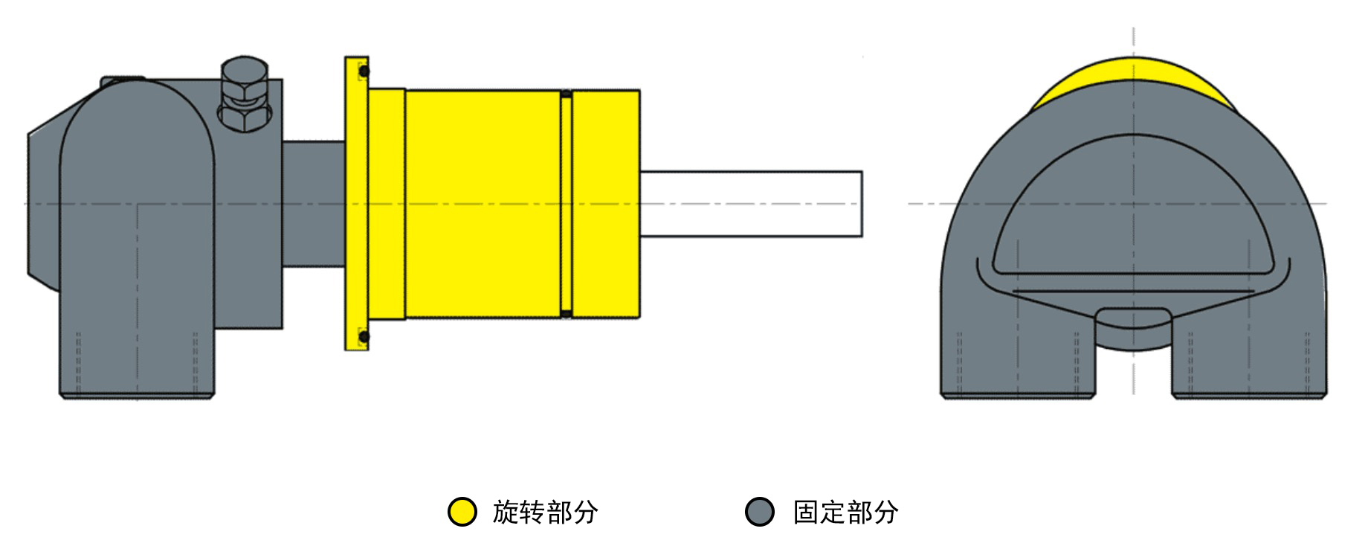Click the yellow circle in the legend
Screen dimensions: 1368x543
pos(462,512)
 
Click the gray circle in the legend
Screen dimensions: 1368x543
pos(760,512)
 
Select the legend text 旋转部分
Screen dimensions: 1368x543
pos(545,512)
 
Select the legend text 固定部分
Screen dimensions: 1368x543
pos(845,512)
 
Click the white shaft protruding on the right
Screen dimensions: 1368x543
pos(751,204)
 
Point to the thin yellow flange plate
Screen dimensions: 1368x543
pos(356,203)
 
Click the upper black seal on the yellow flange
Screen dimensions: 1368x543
pos(364,71)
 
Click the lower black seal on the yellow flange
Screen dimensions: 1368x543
pos(364,337)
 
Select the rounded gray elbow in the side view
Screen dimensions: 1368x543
pos(138,238)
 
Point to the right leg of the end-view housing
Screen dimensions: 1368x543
pos(1249,350)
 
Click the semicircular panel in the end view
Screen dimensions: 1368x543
pos(1133,212)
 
